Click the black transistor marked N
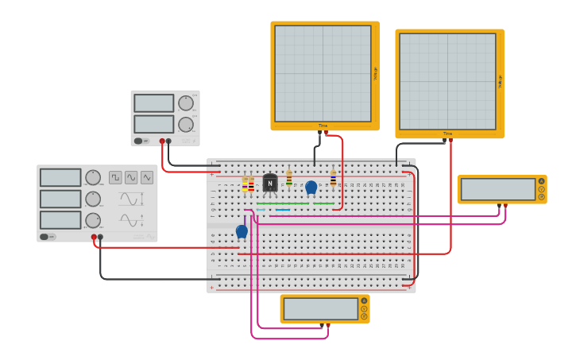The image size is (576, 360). (270, 183)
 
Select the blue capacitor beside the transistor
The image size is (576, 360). (311, 188)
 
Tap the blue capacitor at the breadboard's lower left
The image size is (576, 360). (242, 231)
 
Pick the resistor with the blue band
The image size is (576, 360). (288, 176)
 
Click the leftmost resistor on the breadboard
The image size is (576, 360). (245, 184)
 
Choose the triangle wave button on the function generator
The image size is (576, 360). (147, 177)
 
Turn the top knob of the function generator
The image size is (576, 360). (93, 177)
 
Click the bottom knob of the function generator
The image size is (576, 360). (93, 220)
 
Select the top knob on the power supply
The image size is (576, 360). (185, 103)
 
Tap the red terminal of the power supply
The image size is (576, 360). (162, 141)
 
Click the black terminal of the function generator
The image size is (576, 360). (100, 237)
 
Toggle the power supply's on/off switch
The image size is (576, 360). (138, 141)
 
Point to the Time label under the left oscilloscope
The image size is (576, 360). (323, 126)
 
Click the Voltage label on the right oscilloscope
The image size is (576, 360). (500, 81)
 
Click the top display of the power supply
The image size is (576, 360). (153, 103)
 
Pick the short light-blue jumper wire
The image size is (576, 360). (261, 210)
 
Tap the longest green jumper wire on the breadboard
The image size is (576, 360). (282, 203)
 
